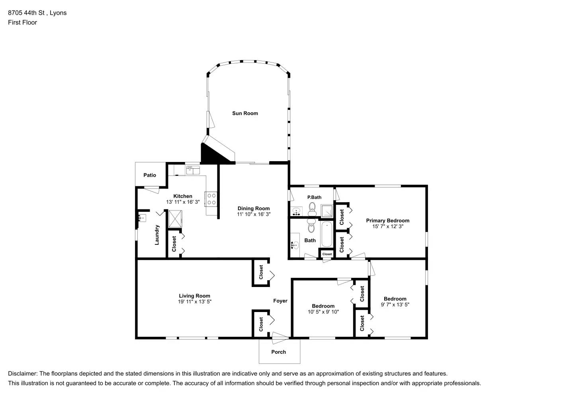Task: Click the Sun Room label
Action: pos(245,113)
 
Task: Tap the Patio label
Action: pos(150,175)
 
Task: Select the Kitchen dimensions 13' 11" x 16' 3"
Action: pos(183,202)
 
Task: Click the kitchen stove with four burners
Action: pos(211,199)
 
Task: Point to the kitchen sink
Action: pos(194,170)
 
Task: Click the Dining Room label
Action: pos(254,209)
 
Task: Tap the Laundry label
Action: pos(157,235)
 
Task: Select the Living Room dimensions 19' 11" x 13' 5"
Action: pos(194,302)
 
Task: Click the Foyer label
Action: pos(280,301)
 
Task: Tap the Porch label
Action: pos(278,352)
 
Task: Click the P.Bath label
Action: pos(314,197)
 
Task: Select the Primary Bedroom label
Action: pos(387,220)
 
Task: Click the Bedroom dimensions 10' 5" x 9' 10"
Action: pos(323,312)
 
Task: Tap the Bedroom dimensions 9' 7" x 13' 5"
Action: pos(395,305)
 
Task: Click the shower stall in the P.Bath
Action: pos(327,210)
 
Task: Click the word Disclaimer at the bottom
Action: pos(22,374)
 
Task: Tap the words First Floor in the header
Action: pos(22,22)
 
